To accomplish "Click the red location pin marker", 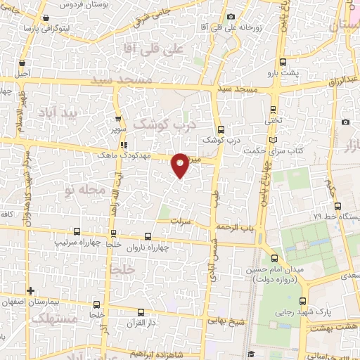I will pos(181,165).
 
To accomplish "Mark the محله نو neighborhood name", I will pos(84,190).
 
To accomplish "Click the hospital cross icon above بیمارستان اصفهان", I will pos(30,290).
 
